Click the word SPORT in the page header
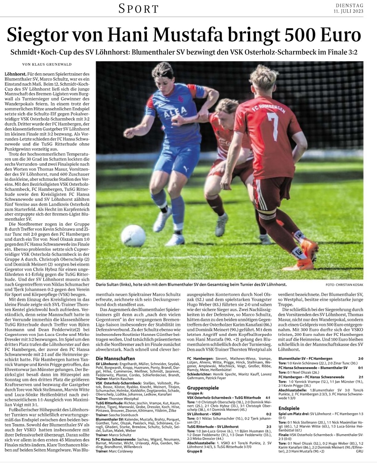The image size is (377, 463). [139, 9]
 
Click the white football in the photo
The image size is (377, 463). [134, 235]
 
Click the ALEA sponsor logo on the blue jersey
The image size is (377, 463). [176, 110]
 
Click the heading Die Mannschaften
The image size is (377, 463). [116, 359]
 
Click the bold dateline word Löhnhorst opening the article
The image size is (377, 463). [15, 75]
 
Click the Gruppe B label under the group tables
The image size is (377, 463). [195, 451]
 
